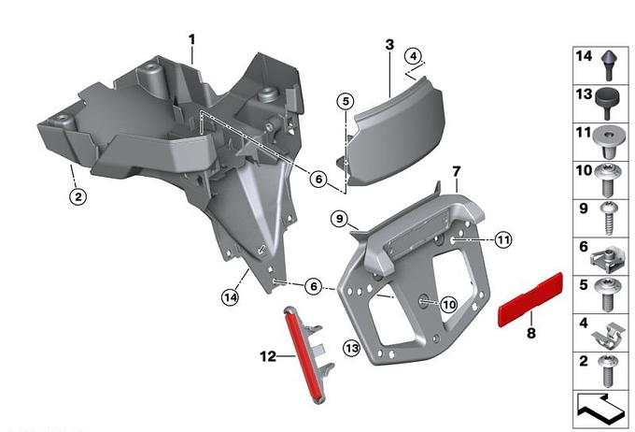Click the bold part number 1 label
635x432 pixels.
pos(191,40)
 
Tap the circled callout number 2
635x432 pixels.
pos(78,196)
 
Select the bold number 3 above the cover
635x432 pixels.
pos(389,44)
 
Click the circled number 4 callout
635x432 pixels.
pos(413,56)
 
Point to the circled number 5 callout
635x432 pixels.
pos(346,101)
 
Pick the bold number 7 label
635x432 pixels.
pos(457,171)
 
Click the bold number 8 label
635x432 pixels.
pos(531,333)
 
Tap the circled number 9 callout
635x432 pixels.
pos(339,219)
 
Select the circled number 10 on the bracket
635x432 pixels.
pos(449,304)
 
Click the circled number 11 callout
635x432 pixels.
pos(503,240)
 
